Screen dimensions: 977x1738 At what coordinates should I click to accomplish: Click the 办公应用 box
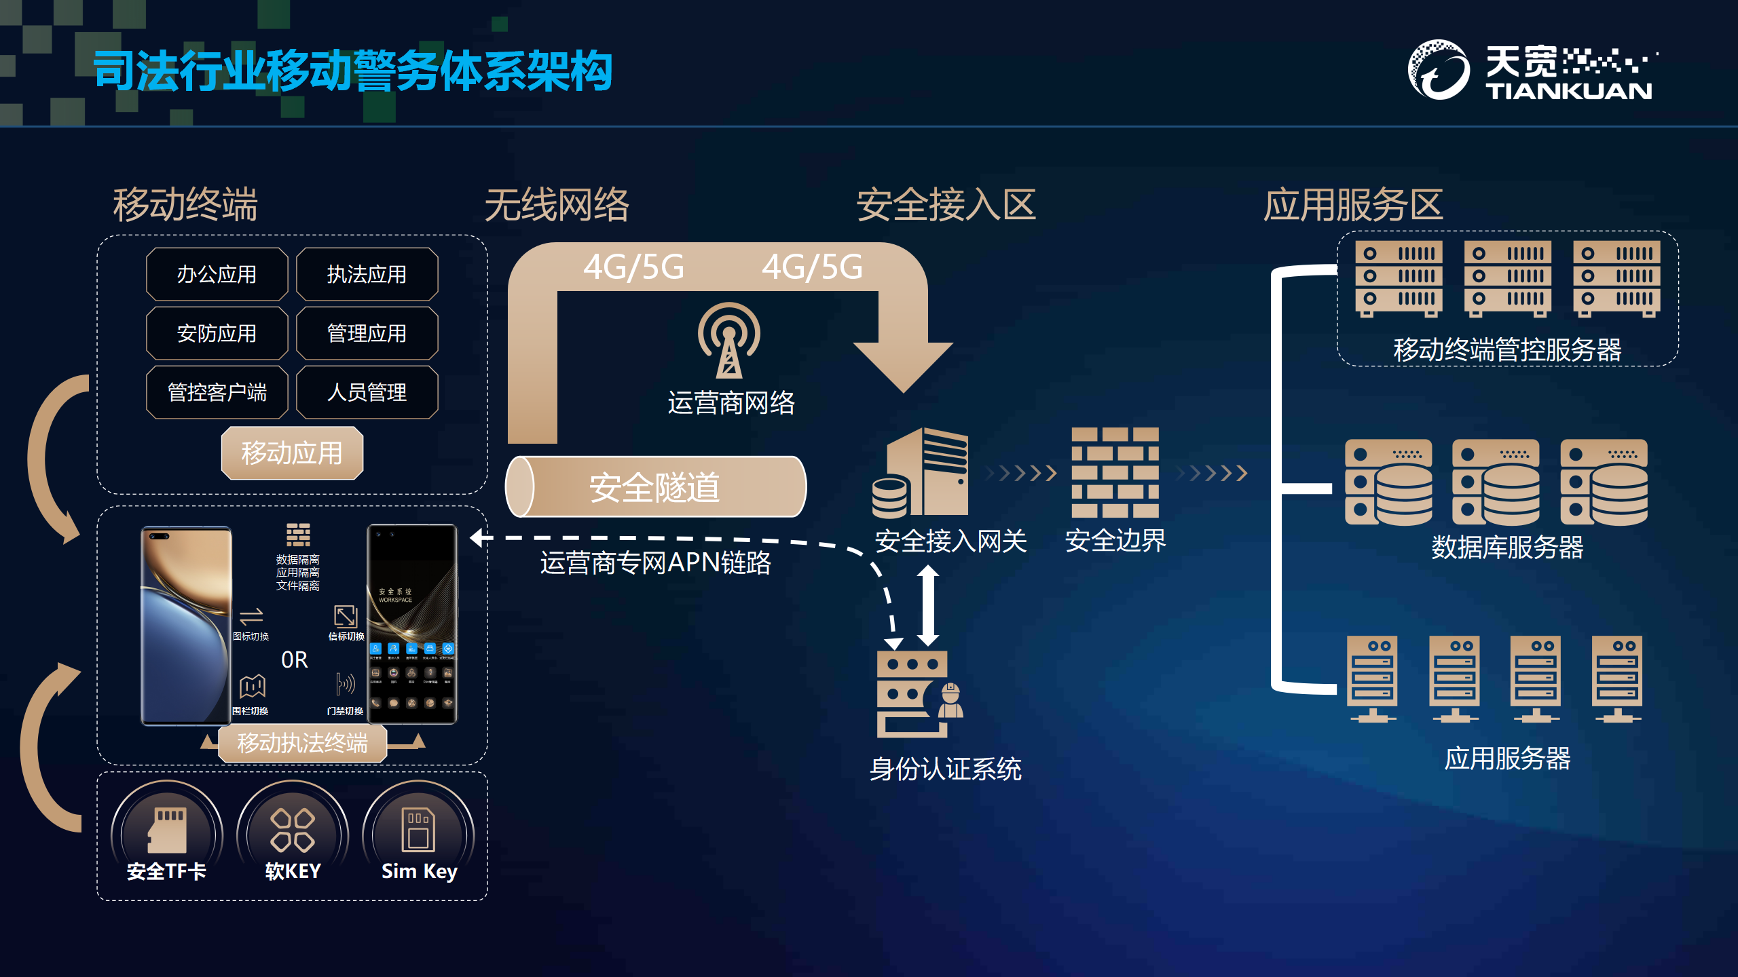pos(217,274)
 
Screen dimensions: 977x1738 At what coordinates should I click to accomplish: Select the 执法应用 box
pos(367,274)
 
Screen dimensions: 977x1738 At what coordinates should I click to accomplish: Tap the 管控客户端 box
pos(217,392)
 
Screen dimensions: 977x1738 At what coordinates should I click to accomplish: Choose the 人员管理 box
pos(367,392)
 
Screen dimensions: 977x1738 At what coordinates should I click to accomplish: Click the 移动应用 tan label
pos(292,453)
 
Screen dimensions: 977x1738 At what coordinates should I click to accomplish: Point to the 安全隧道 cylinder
pos(655,487)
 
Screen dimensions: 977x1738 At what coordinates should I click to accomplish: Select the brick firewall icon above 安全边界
pos(1115,472)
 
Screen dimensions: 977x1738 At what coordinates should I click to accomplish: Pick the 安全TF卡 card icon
pos(167,829)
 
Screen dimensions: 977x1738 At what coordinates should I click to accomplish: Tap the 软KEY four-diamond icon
pos(293,829)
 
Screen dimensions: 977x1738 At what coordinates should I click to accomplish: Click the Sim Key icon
pos(418,829)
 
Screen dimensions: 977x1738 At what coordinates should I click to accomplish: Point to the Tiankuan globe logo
pos(1439,70)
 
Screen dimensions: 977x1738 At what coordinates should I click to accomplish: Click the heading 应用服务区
pos(1352,205)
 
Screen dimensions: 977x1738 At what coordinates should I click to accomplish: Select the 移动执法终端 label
pos(302,743)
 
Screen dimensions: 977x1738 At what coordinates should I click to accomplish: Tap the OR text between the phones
pos(295,659)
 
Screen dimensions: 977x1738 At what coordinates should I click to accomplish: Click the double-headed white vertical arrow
pos(928,605)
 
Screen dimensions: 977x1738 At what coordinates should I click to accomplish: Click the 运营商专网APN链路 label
pos(655,563)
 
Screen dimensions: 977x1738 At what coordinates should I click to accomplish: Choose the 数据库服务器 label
pos(1507,547)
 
